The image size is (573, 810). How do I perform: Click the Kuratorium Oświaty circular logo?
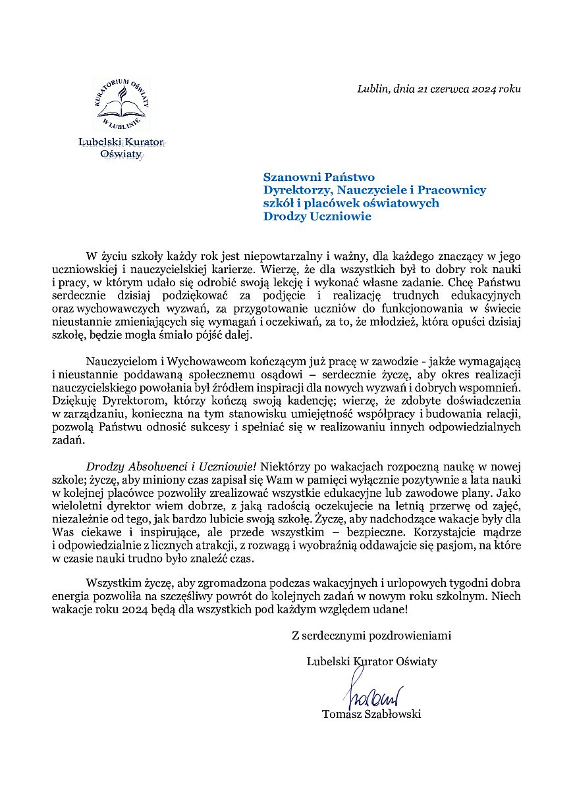(122, 103)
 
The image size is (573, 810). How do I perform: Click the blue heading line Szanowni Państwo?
(319, 177)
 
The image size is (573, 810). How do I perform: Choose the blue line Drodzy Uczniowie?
(317, 216)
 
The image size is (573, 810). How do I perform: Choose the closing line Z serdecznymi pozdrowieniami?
(371, 636)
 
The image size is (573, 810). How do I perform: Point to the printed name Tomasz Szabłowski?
(371, 714)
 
